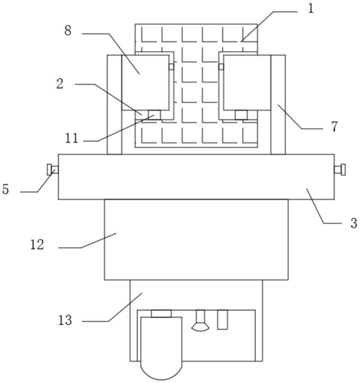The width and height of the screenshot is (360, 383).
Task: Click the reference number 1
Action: point(311,9)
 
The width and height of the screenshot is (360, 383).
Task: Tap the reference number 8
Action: point(68,31)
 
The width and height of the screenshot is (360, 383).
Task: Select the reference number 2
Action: point(60,84)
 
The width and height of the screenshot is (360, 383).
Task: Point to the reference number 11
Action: point(71,138)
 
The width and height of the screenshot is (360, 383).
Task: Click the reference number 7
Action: point(334,126)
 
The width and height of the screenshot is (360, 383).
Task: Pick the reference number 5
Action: point(6,189)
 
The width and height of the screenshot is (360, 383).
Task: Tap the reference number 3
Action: point(354,223)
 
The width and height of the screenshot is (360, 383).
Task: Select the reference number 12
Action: point(37,245)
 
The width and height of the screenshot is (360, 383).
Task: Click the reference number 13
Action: point(65,320)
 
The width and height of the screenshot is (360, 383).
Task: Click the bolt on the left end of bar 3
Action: point(53,169)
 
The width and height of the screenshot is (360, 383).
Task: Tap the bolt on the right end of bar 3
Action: point(340,169)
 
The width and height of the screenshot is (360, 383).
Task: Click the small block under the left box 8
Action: point(154,115)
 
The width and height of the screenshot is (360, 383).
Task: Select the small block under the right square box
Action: point(241,115)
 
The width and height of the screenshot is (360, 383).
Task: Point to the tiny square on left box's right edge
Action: point(171,67)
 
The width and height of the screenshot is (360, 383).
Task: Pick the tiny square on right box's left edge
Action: point(221,67)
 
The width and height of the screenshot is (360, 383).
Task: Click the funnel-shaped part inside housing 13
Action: point(200,321)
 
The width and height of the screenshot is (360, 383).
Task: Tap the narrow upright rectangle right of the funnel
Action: point(223,320)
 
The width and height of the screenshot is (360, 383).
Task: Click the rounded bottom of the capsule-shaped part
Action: point(161,372)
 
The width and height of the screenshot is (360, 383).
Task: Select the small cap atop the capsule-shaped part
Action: point(161,314)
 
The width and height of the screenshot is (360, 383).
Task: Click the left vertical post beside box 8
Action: point(114,104)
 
